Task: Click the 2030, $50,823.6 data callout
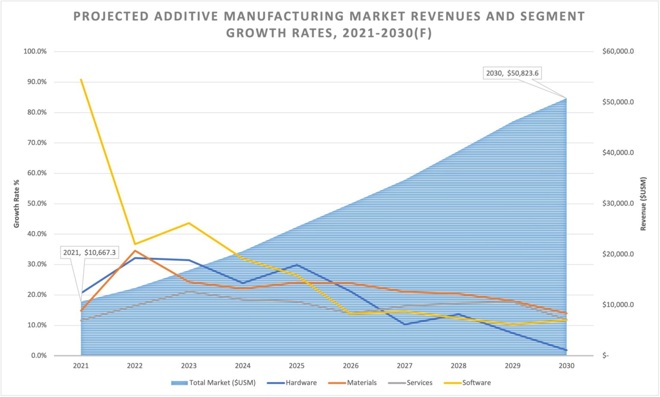512,73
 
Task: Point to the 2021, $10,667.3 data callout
89,252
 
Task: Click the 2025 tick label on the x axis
296,366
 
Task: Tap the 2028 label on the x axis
458,366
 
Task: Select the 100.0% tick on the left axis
35,51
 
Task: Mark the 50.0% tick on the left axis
37,203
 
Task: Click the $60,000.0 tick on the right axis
618,51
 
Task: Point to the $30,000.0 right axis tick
618,203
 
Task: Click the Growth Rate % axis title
17,203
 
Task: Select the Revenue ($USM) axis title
643,203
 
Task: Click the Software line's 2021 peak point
81,80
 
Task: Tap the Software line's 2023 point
189,223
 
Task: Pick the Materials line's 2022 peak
135,251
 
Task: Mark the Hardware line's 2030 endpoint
566,350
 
